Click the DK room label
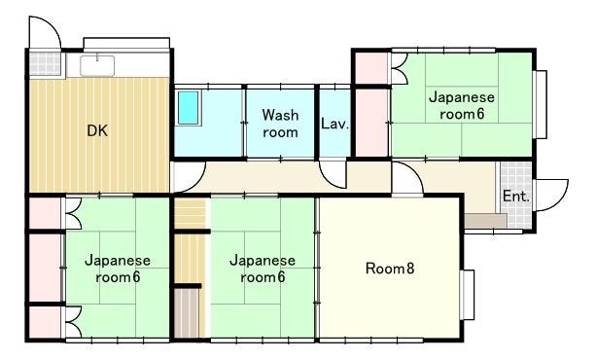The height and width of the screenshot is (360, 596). (97, 130)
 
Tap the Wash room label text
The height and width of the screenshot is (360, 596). (281, 124)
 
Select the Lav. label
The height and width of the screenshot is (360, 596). (334, 124)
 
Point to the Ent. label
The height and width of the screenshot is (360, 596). (515, 197)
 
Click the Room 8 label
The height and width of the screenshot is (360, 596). (390, 269)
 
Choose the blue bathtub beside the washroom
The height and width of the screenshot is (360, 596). (189, 108)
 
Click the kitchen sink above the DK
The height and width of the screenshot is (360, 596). (97, 66)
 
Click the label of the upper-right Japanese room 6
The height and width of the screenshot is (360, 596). (462, 105)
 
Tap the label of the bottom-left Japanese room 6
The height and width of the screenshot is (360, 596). (118, 269)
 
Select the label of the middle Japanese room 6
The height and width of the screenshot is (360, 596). (263, 269)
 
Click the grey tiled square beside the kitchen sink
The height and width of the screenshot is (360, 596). (46, 63)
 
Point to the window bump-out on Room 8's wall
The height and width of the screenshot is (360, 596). (468, 295)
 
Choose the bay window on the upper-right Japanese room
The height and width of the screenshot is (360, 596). (541, 104)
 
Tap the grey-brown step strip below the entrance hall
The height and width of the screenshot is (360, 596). (486, 221)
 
